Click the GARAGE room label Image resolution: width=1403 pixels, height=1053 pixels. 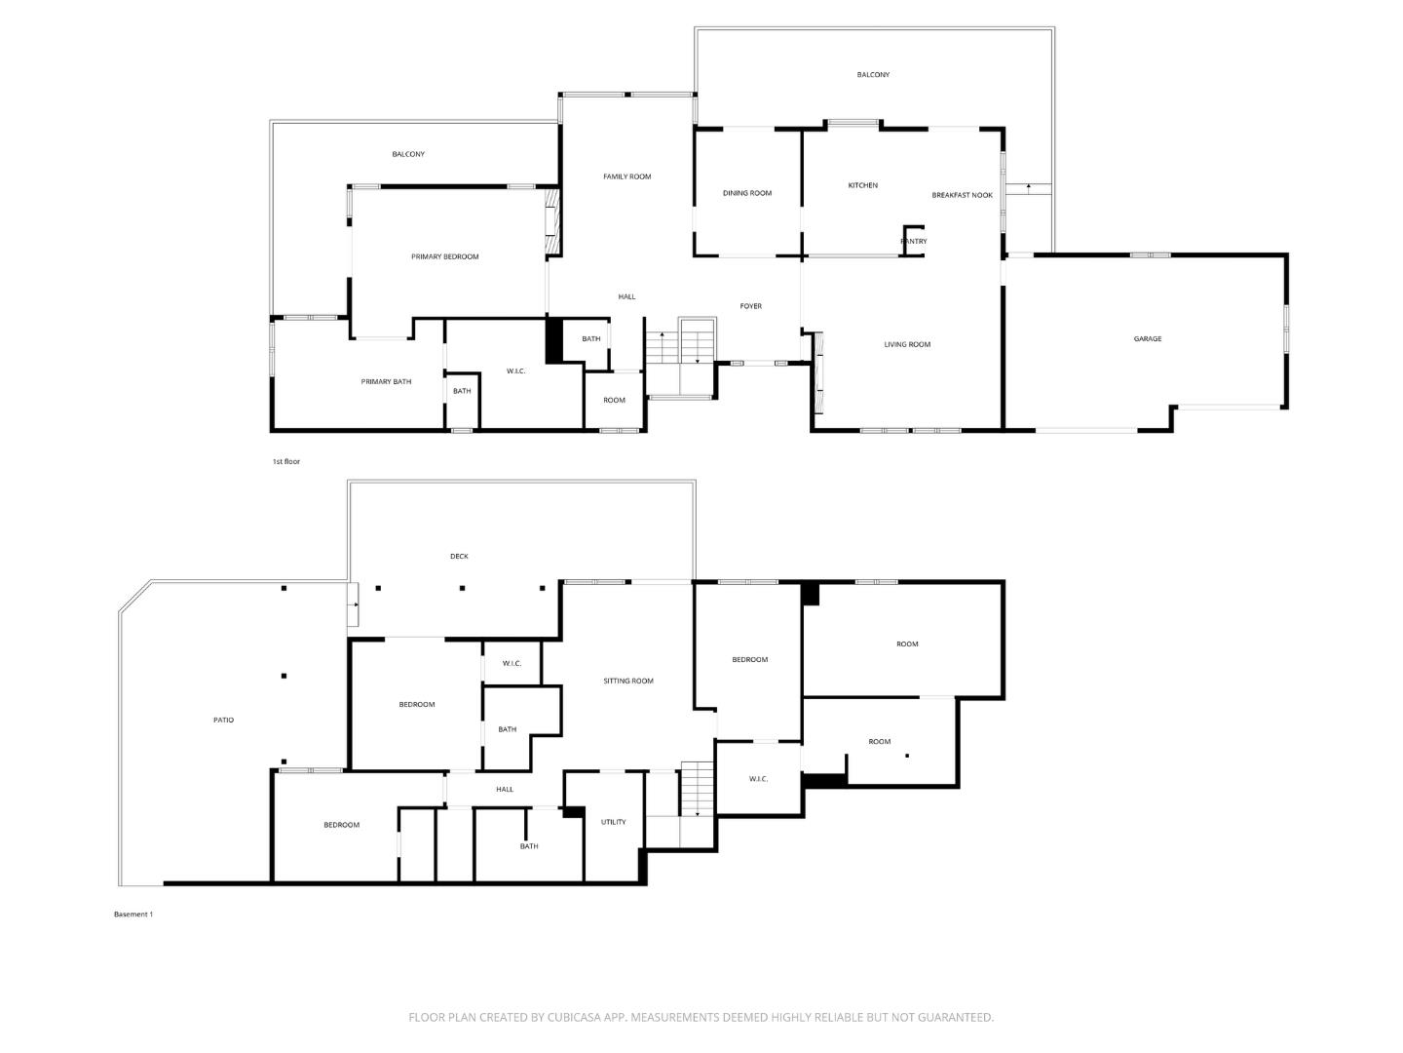1147,339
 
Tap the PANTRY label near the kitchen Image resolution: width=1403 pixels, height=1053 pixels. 913,241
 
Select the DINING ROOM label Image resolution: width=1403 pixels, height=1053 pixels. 746,193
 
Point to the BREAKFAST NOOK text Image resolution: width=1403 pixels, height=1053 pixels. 962,195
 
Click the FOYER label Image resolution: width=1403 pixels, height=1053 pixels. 750,306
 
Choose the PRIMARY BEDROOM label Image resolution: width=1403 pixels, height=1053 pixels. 444,257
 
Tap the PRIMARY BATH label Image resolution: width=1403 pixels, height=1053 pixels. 386,381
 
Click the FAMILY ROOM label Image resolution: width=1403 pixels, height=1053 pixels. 626,176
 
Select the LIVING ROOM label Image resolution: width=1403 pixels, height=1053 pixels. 906,344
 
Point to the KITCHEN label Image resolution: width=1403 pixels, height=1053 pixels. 862,185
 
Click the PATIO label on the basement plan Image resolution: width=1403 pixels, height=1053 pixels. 223,720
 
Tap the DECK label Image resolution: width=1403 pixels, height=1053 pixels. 458,556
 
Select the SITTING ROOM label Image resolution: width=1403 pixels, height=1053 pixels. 627,681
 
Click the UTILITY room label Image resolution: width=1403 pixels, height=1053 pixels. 613,822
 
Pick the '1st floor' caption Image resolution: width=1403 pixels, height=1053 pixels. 285,461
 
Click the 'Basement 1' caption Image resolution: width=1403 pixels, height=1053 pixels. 133,915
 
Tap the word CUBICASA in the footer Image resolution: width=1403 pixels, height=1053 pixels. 574,1017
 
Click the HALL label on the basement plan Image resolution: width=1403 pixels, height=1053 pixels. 505,790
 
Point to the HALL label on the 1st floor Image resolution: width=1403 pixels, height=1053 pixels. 626,296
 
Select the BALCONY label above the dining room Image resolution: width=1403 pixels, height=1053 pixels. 872,75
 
